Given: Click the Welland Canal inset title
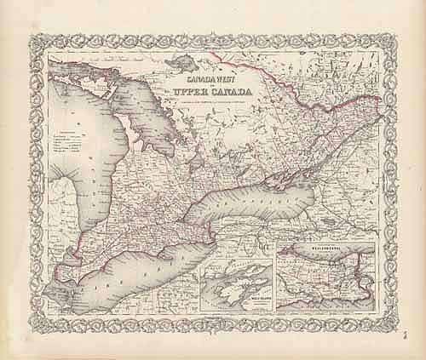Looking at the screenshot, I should tap(328, 250).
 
